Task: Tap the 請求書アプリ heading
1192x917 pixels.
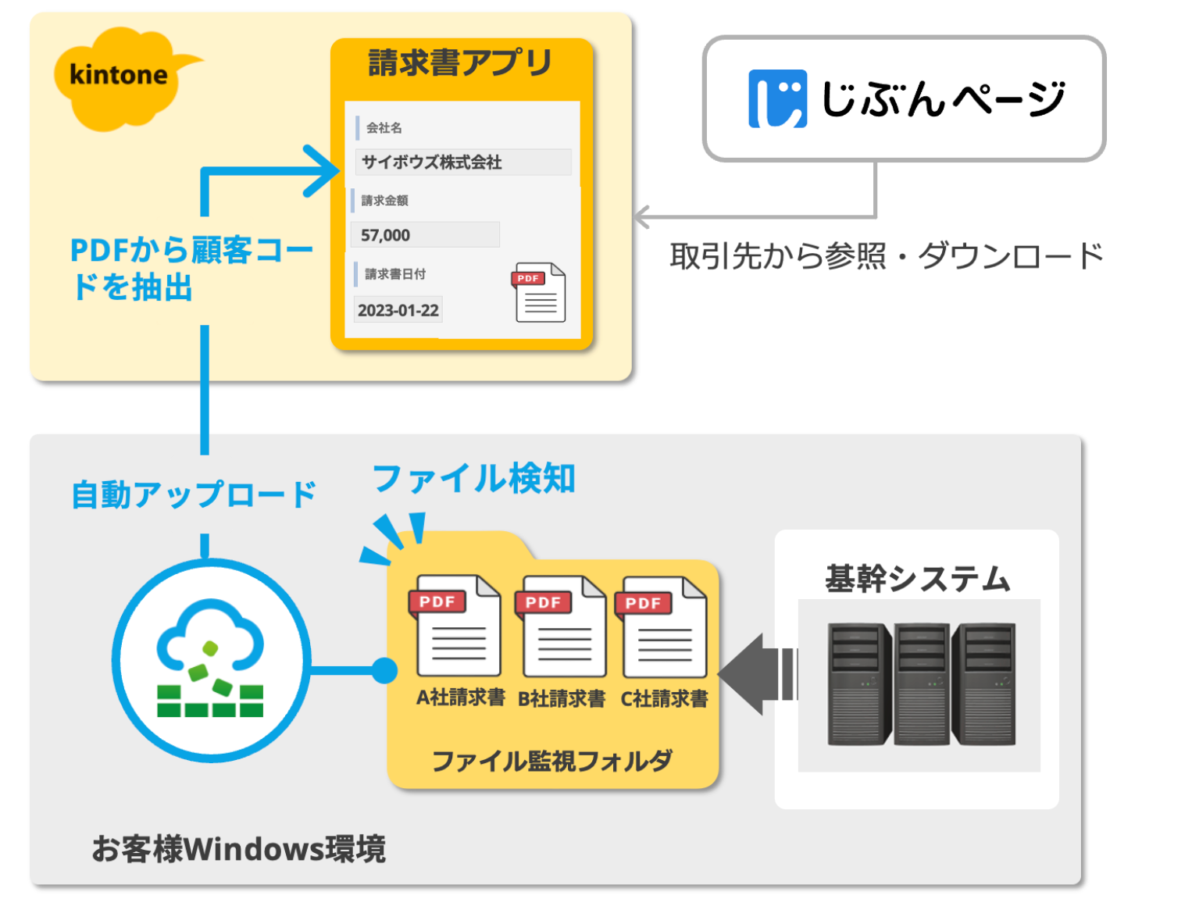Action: (x=460, y=62)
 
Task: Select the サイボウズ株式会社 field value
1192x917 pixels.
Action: (x=432, y=162)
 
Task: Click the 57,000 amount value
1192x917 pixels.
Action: (x=386, y=235)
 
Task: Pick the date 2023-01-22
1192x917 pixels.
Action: (x=398, y=310)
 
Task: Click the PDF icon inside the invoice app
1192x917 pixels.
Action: (x=539, y=293)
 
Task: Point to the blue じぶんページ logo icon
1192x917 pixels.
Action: (x=777, y=98)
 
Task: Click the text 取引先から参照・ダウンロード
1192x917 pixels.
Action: (x=886, y=256)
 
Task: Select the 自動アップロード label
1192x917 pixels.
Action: (x=194, y=494)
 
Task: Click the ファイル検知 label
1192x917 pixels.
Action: (x=473, y=479)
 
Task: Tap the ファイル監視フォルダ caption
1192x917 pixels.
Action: (x=551, y=760)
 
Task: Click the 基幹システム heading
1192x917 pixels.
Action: (x=918, y=579)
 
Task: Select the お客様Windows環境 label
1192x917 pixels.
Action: (x=238, y=848)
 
